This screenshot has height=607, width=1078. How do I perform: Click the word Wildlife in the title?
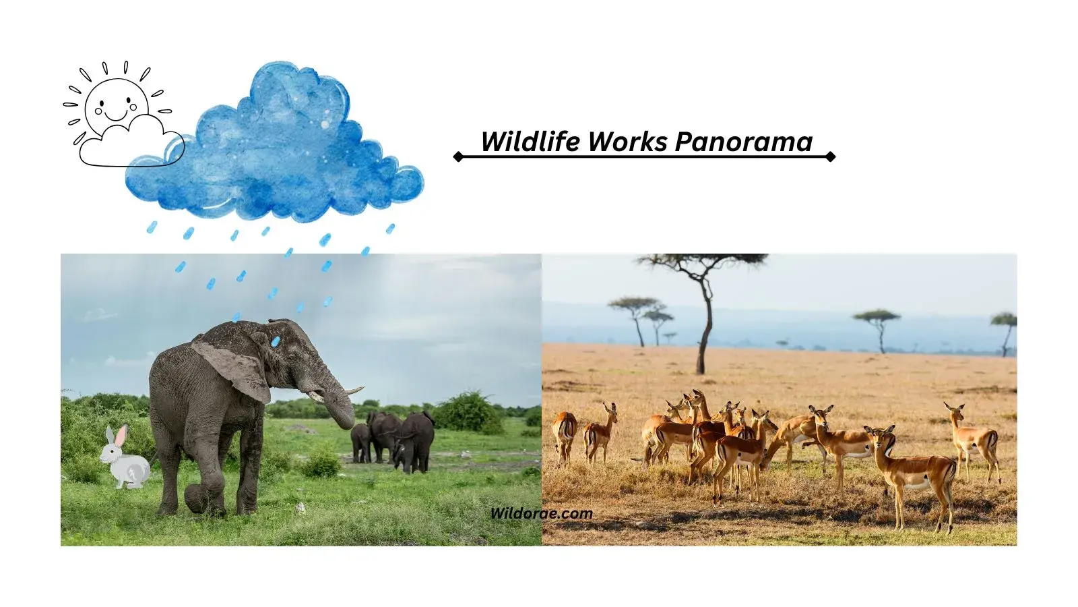click(x=530, y=142)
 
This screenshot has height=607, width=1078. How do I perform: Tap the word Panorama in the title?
click(x=744, y=142)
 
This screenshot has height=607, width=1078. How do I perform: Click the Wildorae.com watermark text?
click(x=541, y=513)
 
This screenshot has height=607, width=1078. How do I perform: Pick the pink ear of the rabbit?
click(x=120, y=436)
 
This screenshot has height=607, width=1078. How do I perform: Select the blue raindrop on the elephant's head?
click(x=275, y=341)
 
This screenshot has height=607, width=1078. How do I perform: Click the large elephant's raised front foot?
click(x=197, y=499)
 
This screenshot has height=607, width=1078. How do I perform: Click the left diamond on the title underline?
click(x=458, y=156)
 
